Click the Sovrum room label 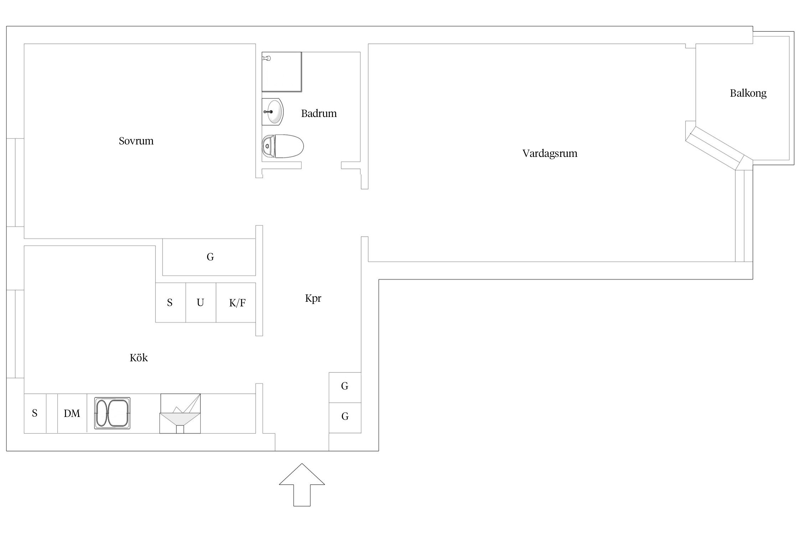136,141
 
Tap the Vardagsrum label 550,154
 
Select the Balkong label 748,93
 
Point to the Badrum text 319,113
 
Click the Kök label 139,358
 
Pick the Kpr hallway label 313,298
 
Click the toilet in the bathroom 283,146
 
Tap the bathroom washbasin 273,112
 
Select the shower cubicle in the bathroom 282,72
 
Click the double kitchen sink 112,413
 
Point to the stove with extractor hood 180,414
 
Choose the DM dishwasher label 72,414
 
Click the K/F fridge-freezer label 237,303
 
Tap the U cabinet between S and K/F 201,303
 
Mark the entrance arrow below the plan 302,485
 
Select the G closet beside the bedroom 209,257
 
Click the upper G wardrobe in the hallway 345,388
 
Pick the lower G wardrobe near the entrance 345,418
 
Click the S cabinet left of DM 35,414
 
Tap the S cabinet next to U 170,303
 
